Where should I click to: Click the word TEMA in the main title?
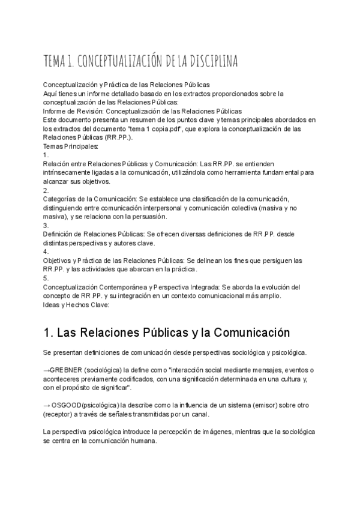[55, 62]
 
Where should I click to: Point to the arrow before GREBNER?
[47, 370]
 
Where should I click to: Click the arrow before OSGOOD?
[47, 405]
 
